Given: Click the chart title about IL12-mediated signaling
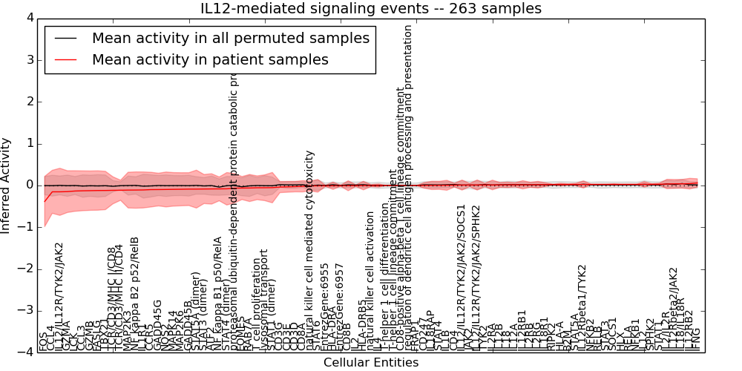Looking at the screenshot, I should point(371,9).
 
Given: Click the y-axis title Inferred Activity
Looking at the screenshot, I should point(7,185).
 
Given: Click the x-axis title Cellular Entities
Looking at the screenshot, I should point(371,363).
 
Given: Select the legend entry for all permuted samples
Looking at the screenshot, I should point(231,39).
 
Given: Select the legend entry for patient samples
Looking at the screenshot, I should point(210,60).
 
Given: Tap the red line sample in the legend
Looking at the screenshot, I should point(65,60).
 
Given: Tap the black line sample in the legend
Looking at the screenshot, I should point(65,39).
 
